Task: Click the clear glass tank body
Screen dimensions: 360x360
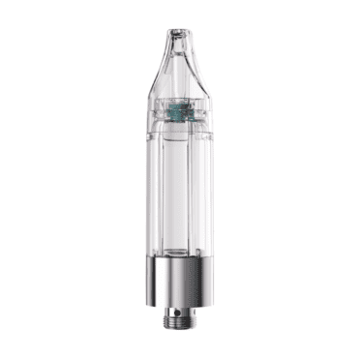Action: pos(179,194)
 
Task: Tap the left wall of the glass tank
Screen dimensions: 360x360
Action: pos(150,194)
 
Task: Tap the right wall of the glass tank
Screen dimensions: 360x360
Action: pos(209,194)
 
